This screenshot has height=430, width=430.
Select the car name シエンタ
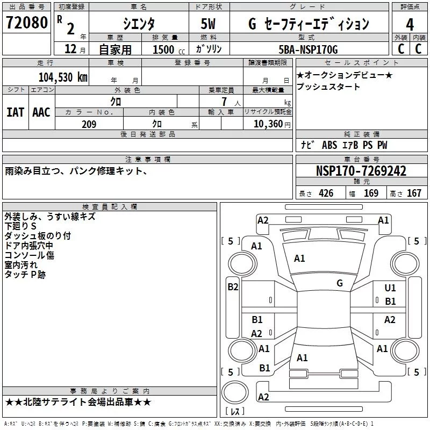pyautogui.click(x=139, y=23)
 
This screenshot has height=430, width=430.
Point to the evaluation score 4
pyautogui.click(x=410, y=24)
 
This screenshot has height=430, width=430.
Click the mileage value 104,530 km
pyautogui.click(x=63, y=77)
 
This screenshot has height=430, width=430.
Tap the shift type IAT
pyautogui.click(x=15, y=112)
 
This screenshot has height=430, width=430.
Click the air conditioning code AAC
pyautogui.click(x=41, y=112)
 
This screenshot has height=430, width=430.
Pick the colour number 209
pyautogui.click(x=89, y=124)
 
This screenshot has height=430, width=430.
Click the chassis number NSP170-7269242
pyautogui.click(x=361, y=171)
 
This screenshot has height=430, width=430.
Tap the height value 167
pyautogui.click(x=414, y=193)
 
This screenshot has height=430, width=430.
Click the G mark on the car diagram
pyautogui.click(x=339, y=283)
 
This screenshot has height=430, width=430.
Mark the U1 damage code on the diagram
pyautogui.click(x=390, y=289)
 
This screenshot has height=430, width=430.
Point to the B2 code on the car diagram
pyautogui.click(x=233, y=287)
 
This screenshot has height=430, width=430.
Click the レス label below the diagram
pyautogui.click(x=235, y=412)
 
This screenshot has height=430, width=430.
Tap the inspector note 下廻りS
pyautogui.click(x=21, y=226)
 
